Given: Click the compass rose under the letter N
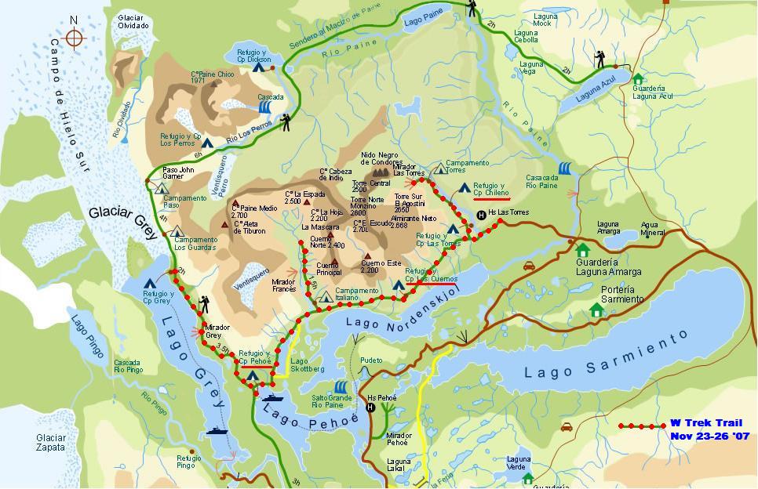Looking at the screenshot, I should [74, 38].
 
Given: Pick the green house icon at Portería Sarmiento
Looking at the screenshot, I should [596, 311].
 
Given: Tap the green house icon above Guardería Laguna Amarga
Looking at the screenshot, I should [582, 250].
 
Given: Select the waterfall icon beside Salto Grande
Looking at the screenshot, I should [341, 387].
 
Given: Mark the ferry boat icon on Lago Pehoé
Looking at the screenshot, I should [274, 398].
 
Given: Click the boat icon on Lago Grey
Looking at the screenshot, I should [217, 430].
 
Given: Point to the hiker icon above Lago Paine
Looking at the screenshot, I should [472, 9].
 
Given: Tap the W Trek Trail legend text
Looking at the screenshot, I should [705, 423].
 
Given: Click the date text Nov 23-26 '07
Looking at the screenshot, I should [709, 436].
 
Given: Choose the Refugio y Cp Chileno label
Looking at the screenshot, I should [491, 189].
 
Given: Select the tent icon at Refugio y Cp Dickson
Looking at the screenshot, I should [258, 67].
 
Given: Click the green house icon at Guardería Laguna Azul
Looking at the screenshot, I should [637, 79].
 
